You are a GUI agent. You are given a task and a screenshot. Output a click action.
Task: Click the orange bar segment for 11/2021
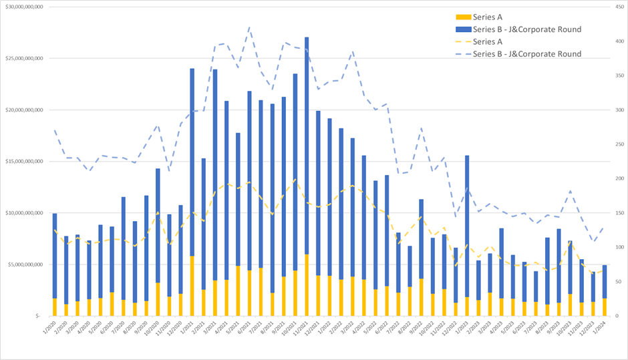[307, 285]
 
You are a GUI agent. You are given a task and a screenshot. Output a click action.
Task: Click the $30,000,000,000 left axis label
[24, 7]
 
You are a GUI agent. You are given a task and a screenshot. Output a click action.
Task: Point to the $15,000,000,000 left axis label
[24, 162]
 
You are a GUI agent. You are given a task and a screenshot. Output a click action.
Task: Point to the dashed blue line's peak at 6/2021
[249, 27]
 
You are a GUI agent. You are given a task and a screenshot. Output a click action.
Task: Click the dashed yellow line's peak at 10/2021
[295, 179]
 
